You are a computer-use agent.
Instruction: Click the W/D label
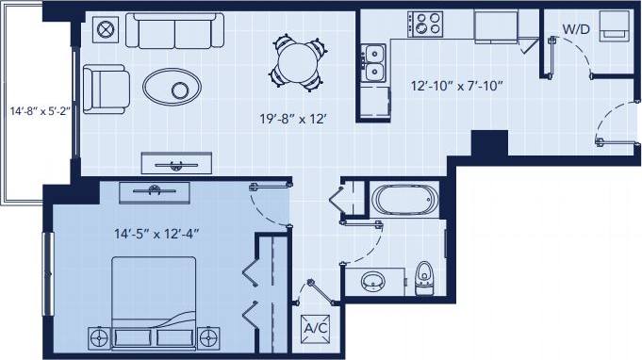[x=576, y=29]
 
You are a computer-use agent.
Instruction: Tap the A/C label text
[x=314, y=329]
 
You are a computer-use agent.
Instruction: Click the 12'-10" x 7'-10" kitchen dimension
[x=456, y=86]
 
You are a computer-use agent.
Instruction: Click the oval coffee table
[x=172, y=89]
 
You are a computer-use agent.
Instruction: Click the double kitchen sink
[x=373, y=62]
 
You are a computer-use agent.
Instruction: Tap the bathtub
[x=404, y=201]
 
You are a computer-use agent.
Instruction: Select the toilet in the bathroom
[x=423, y=275]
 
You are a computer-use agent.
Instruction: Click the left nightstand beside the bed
[x=97, y=335]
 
